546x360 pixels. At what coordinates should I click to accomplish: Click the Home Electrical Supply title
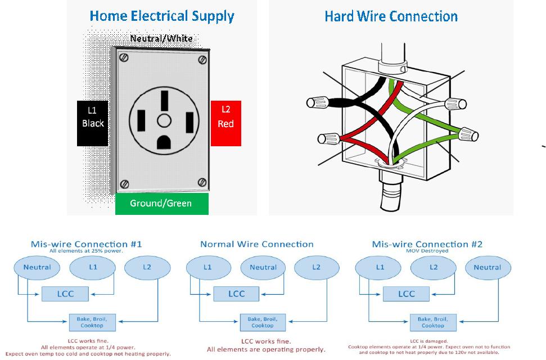click(x=162, y=16)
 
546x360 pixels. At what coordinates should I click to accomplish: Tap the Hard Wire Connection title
click(x=391, y=16)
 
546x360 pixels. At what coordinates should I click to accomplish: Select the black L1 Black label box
click(x=92, y=123)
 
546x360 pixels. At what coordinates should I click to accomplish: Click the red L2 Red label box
click(x=225, y=123)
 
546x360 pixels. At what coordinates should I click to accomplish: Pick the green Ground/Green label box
click(x=161, y=204)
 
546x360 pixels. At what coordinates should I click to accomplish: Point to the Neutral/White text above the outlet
click(x=161, y=39)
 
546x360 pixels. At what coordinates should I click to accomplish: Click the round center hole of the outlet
click(x=164, y=120)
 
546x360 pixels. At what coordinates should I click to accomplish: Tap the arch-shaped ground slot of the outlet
click(x=164, y=140)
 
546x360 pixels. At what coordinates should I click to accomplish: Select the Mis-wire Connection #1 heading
click(x=87, y=244)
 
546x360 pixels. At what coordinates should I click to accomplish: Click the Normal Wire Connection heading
click(x=257, y=244)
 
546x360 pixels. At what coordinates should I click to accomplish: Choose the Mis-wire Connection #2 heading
click(x=427, y=244)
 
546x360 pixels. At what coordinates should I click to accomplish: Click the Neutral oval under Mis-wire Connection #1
click(x=37, y=267)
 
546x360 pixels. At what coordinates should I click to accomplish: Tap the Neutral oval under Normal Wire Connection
click(x=263, y=267)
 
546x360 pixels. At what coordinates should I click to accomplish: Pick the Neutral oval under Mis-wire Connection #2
click(x=487, y=267)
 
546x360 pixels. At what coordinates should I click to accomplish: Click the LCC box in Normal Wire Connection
click(x=237, y=294)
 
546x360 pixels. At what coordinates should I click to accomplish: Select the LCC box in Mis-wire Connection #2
click(x=407, y=294)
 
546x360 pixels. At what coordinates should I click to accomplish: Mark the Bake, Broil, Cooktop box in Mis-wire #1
click(x=92, y=322)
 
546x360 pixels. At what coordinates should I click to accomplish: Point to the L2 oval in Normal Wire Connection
click(x=316, y=267)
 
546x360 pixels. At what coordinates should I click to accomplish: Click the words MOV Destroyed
click(x=427, y=251)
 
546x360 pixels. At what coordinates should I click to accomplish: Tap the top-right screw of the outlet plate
click(x=202, y=59)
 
